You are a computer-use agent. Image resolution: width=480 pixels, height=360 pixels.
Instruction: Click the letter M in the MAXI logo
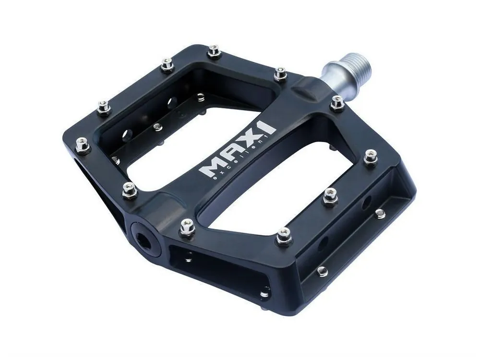(x=209, y=168)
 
